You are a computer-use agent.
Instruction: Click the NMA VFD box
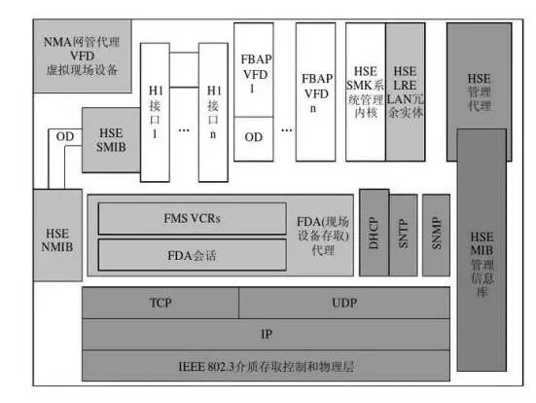pyautogui.click(x=82, y=55)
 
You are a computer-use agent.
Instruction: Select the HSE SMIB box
pyautogui.click(x=111, y=140)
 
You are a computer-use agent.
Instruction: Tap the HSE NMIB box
pyautogui.click(x=57, y=236)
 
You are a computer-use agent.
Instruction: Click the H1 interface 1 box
pyautogui.click(x=155, y=112)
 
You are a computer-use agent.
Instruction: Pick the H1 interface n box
pyautogui.click(x=213, y=112)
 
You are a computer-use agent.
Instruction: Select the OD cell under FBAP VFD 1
pyautogui.click(x=254, y=139)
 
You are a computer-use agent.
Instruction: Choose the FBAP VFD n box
pyautogui.click(x=315, y=92)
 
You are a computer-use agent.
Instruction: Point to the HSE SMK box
pyautogui.click(x=366, y=92)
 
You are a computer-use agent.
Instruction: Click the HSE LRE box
pyautogui.click(x=406, y=92)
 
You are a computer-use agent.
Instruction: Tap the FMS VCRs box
pyautogui.click(x=192, y=218)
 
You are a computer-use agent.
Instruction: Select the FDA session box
pyautogui.click(x=192, y=255)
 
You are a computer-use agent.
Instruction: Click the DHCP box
pyautogui.click(x=375, y=233)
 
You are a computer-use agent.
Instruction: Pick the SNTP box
pyautogui.click(x=404, y=235)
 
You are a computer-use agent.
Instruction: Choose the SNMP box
pyautogui.click(x=436, y=235)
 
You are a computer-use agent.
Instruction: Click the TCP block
pyautogui.click(x=161, y=303)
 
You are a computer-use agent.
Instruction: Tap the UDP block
pyautogui.click(x=344, y=303)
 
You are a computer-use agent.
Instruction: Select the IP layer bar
pyautogui.click(x=266, y=334)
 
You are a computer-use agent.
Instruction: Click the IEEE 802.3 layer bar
pyautogui.click(x=266, y=365)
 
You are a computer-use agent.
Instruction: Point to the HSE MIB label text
pyautogui.click(x=482, y=264)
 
